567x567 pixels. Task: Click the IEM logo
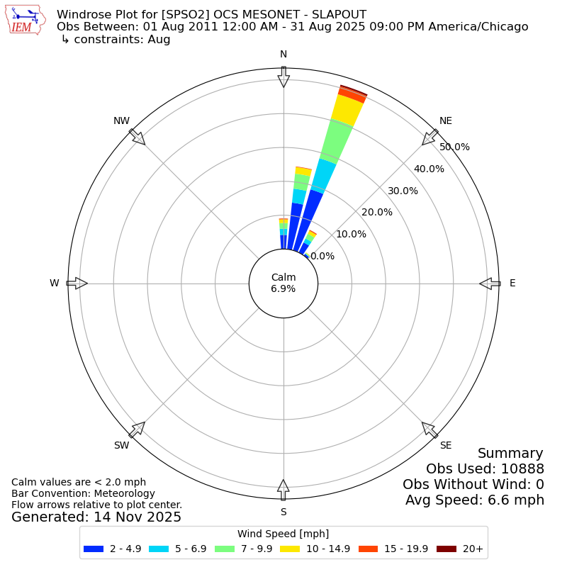coord(26,21)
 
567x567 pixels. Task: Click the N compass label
coord(283,55)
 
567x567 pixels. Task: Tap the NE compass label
coord(445,121)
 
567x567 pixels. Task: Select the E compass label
coord(512,283)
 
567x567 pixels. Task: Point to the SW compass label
coord(122,445)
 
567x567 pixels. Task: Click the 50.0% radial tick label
coord(454,147)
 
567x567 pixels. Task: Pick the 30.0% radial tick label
coord(403,191)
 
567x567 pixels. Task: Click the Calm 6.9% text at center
coord(283,283)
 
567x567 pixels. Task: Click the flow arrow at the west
coord(77,283)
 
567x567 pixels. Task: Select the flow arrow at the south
coord(283,490)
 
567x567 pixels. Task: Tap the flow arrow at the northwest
coord(137,137)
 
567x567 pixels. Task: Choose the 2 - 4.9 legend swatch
coord(94,549)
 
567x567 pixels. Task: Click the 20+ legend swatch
coord(447,549)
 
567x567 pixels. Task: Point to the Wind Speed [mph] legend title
coord(283,534)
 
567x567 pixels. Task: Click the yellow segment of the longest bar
coord(348,111)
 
